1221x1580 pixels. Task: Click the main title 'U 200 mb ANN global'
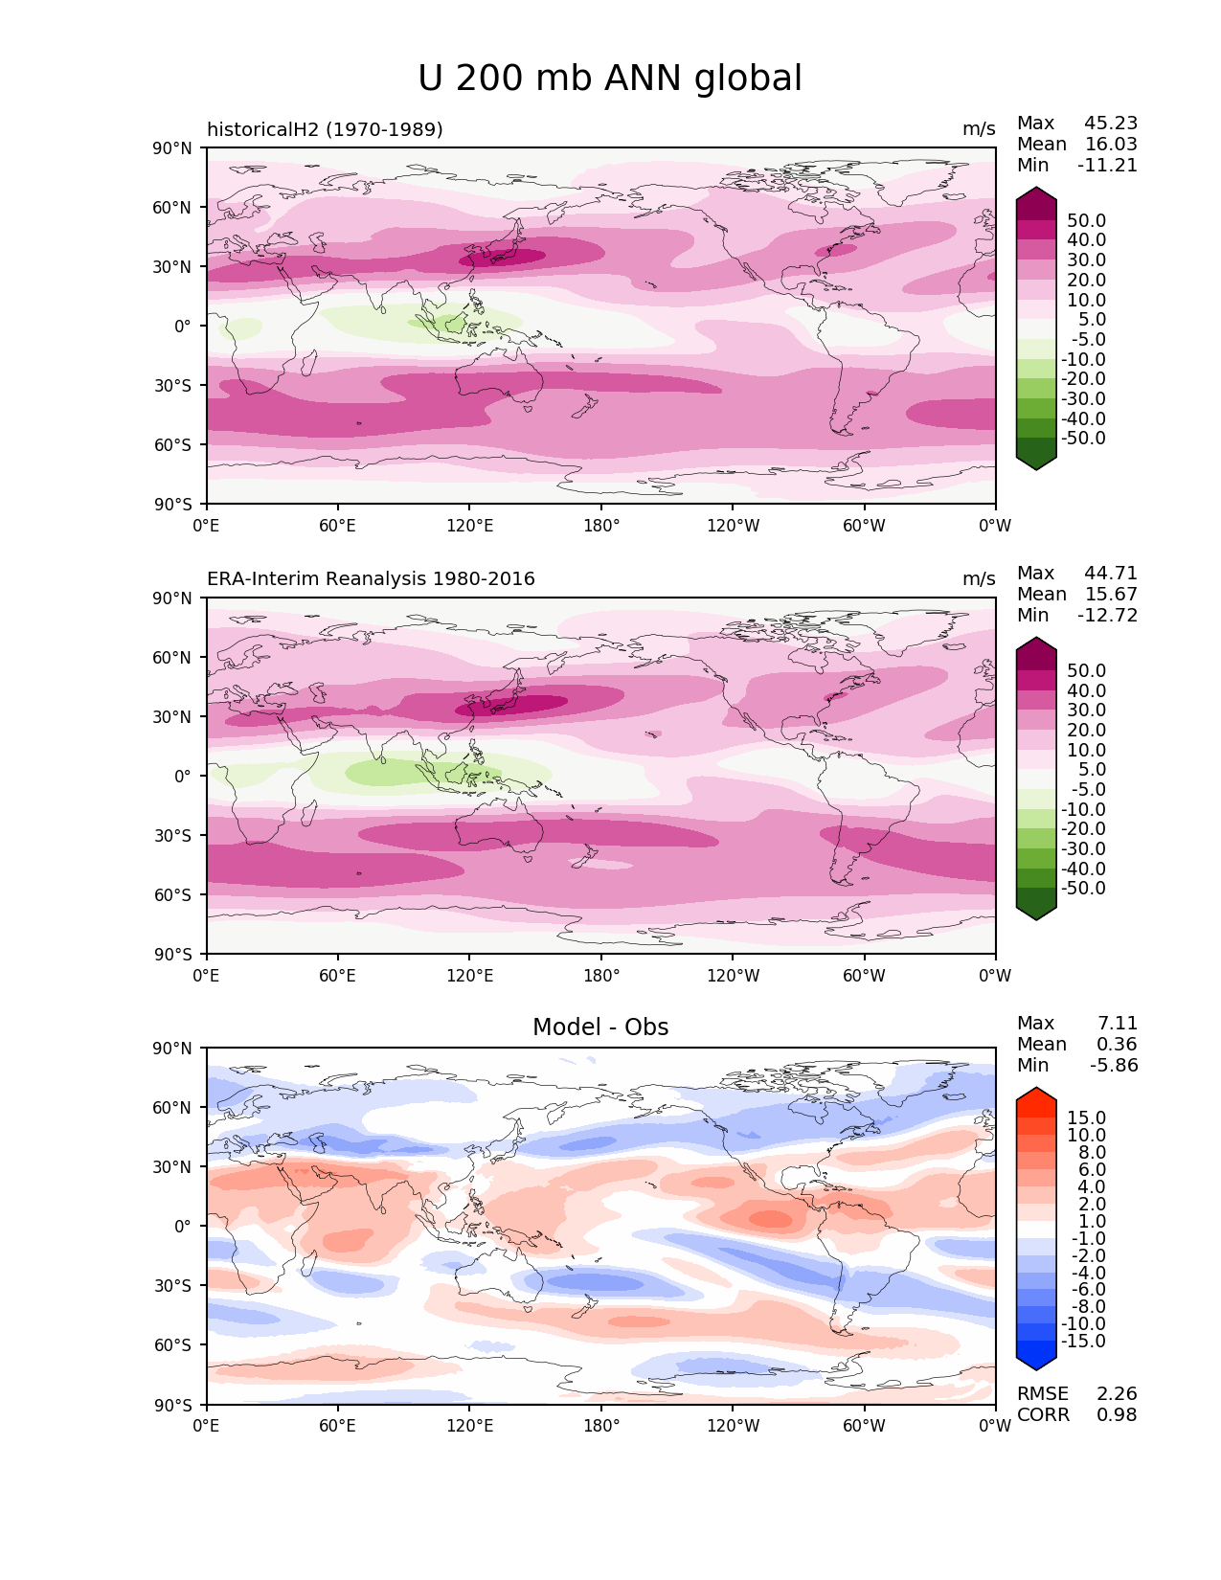tap(610, 79)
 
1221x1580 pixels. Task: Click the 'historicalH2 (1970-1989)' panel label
tap(325, 129)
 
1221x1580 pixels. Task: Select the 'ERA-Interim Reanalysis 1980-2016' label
tap(371, 579)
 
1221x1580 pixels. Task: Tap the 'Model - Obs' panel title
tap(600, 1027)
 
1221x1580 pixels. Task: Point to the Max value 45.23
tap(1111, 124)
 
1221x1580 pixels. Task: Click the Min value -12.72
tap(1108, 616)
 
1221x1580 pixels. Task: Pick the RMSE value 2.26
tap(1117, 1394)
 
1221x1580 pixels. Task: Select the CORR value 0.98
tap(1117, 1415)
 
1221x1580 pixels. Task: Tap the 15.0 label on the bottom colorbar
tap(1087, 1118)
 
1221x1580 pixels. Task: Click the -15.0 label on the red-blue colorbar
tap(1084, 1342)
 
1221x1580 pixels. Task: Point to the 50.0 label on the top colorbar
tap(1087, 221)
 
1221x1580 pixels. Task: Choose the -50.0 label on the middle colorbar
tap(1084, 889)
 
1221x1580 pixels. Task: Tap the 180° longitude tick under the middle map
tap(601, 976)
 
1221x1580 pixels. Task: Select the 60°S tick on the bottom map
tap(173, 1345)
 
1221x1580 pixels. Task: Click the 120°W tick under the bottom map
tap(733, 1426)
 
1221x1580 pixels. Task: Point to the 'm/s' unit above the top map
tap(979, 129)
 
